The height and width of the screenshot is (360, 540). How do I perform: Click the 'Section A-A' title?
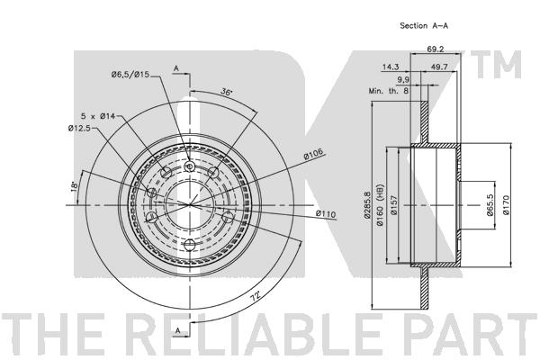(424, 25)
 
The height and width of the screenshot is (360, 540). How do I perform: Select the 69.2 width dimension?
(436, 49)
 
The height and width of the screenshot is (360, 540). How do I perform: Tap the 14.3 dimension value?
(391, 67)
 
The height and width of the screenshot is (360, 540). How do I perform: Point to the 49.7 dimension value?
(439, 67)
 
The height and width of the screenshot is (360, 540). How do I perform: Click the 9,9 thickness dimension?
(403, 80)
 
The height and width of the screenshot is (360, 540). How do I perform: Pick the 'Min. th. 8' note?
(389, 91)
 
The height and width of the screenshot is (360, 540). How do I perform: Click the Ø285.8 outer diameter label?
(367, 205)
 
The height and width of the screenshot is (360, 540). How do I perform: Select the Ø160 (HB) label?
(380, 205)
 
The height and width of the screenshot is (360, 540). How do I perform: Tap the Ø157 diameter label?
(394, 205)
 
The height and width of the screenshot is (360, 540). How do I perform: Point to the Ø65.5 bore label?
(490, 205)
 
